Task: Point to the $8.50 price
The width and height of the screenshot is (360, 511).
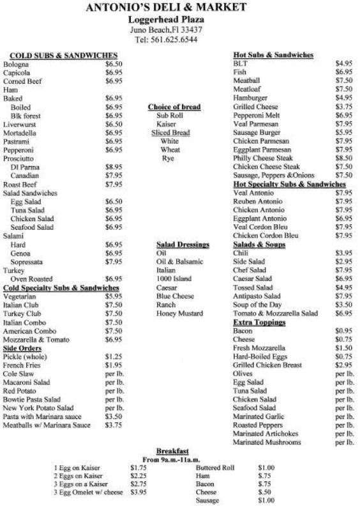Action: coord(343,157)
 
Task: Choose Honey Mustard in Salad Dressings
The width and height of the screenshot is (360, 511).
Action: coord(179,314)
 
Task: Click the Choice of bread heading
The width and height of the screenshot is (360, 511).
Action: coord(174,107)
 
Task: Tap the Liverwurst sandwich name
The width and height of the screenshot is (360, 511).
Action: coord(20,124)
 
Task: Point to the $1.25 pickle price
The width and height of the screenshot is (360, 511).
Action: coord(113,356)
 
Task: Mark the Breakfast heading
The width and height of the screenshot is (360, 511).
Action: coord(172,450)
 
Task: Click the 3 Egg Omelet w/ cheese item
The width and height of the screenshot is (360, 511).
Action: coord(89,493)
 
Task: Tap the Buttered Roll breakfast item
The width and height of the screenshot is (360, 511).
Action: coord(215,468)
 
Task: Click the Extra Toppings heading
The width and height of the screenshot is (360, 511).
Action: coord(259,323)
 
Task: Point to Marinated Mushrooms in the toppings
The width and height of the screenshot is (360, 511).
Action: coord(267,441)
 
